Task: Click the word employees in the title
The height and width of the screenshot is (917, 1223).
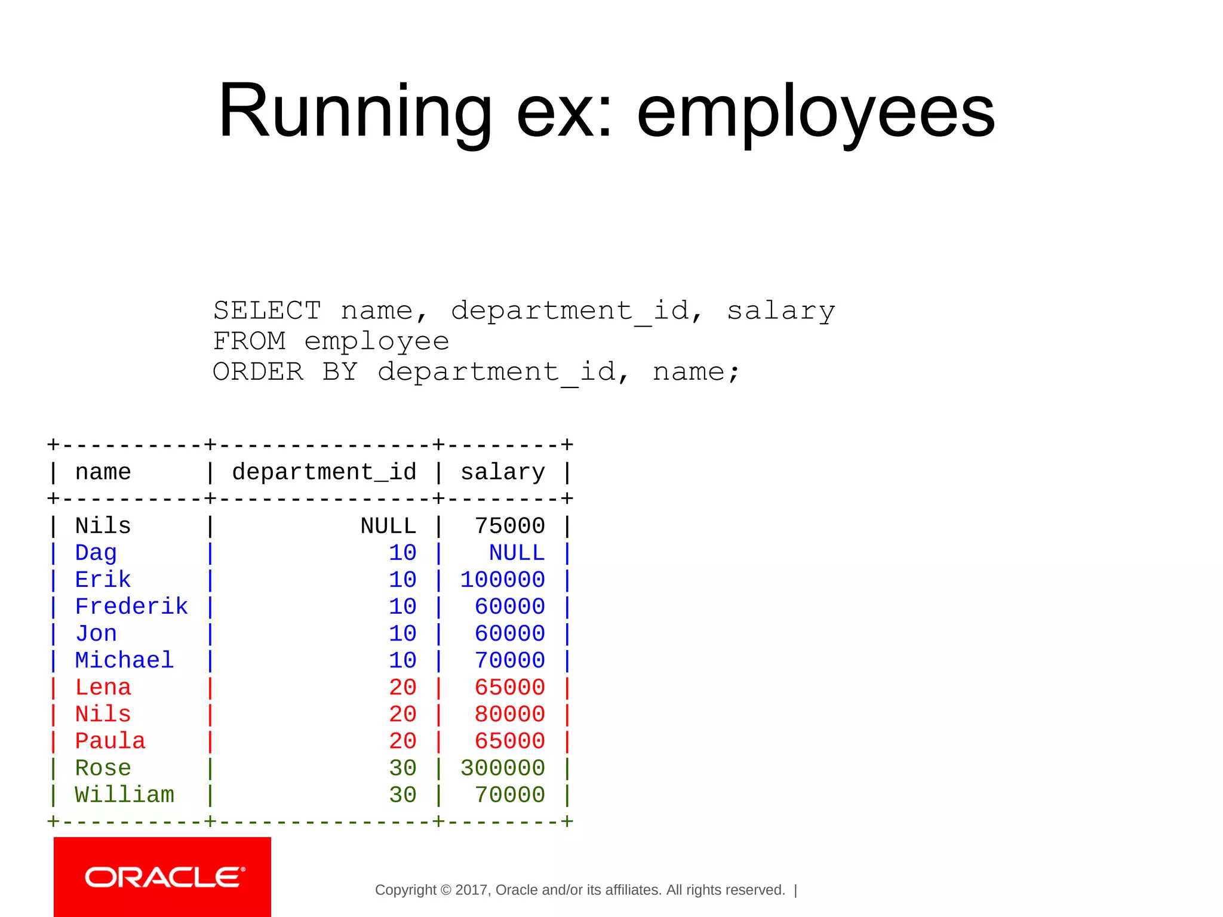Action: [x=816, y=112]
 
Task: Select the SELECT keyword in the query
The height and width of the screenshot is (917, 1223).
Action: [x=267, y=310]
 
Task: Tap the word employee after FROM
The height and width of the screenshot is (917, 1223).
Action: [x=376, y=341]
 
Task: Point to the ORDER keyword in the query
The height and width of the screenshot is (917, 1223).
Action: [x=258, y=372]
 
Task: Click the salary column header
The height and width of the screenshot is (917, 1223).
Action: [x=503, y=472]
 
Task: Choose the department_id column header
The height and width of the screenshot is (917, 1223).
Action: [x=324, y=472]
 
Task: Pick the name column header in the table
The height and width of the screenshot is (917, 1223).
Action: [x=103, y=472]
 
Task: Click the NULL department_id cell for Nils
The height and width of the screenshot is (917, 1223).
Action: [x=388, y=526]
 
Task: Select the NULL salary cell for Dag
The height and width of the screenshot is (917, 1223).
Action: [x=517, y=553]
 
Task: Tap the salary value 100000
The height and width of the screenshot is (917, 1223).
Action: [x=502, y=580]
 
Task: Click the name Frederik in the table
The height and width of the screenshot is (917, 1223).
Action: [x=131, y=607]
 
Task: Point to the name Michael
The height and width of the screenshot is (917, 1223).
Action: [x=124, y=660]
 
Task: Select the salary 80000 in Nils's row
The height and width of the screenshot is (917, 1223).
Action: [x=509, y=714]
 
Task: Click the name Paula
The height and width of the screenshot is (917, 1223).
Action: [x=110, y=741]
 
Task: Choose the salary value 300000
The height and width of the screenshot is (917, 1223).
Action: [x=502, y=768]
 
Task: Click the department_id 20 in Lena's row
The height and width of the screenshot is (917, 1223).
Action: [x=402, y=687]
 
